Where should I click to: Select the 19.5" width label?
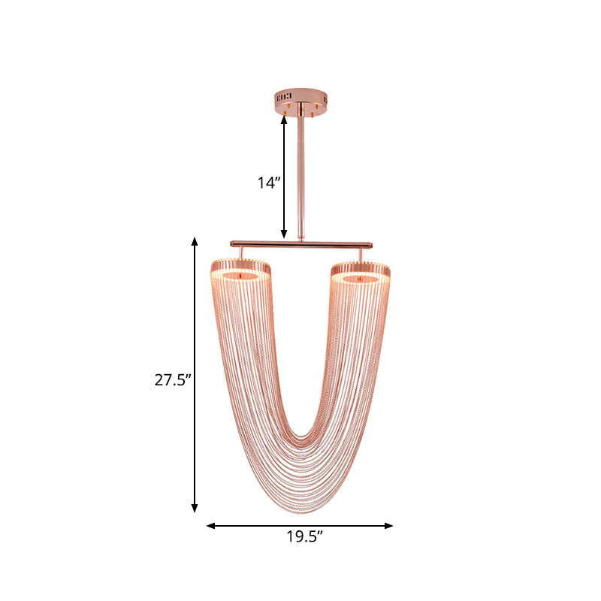coord(304,536)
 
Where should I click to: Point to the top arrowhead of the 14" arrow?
coord(284,119)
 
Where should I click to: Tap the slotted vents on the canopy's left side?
coord(283,96)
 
